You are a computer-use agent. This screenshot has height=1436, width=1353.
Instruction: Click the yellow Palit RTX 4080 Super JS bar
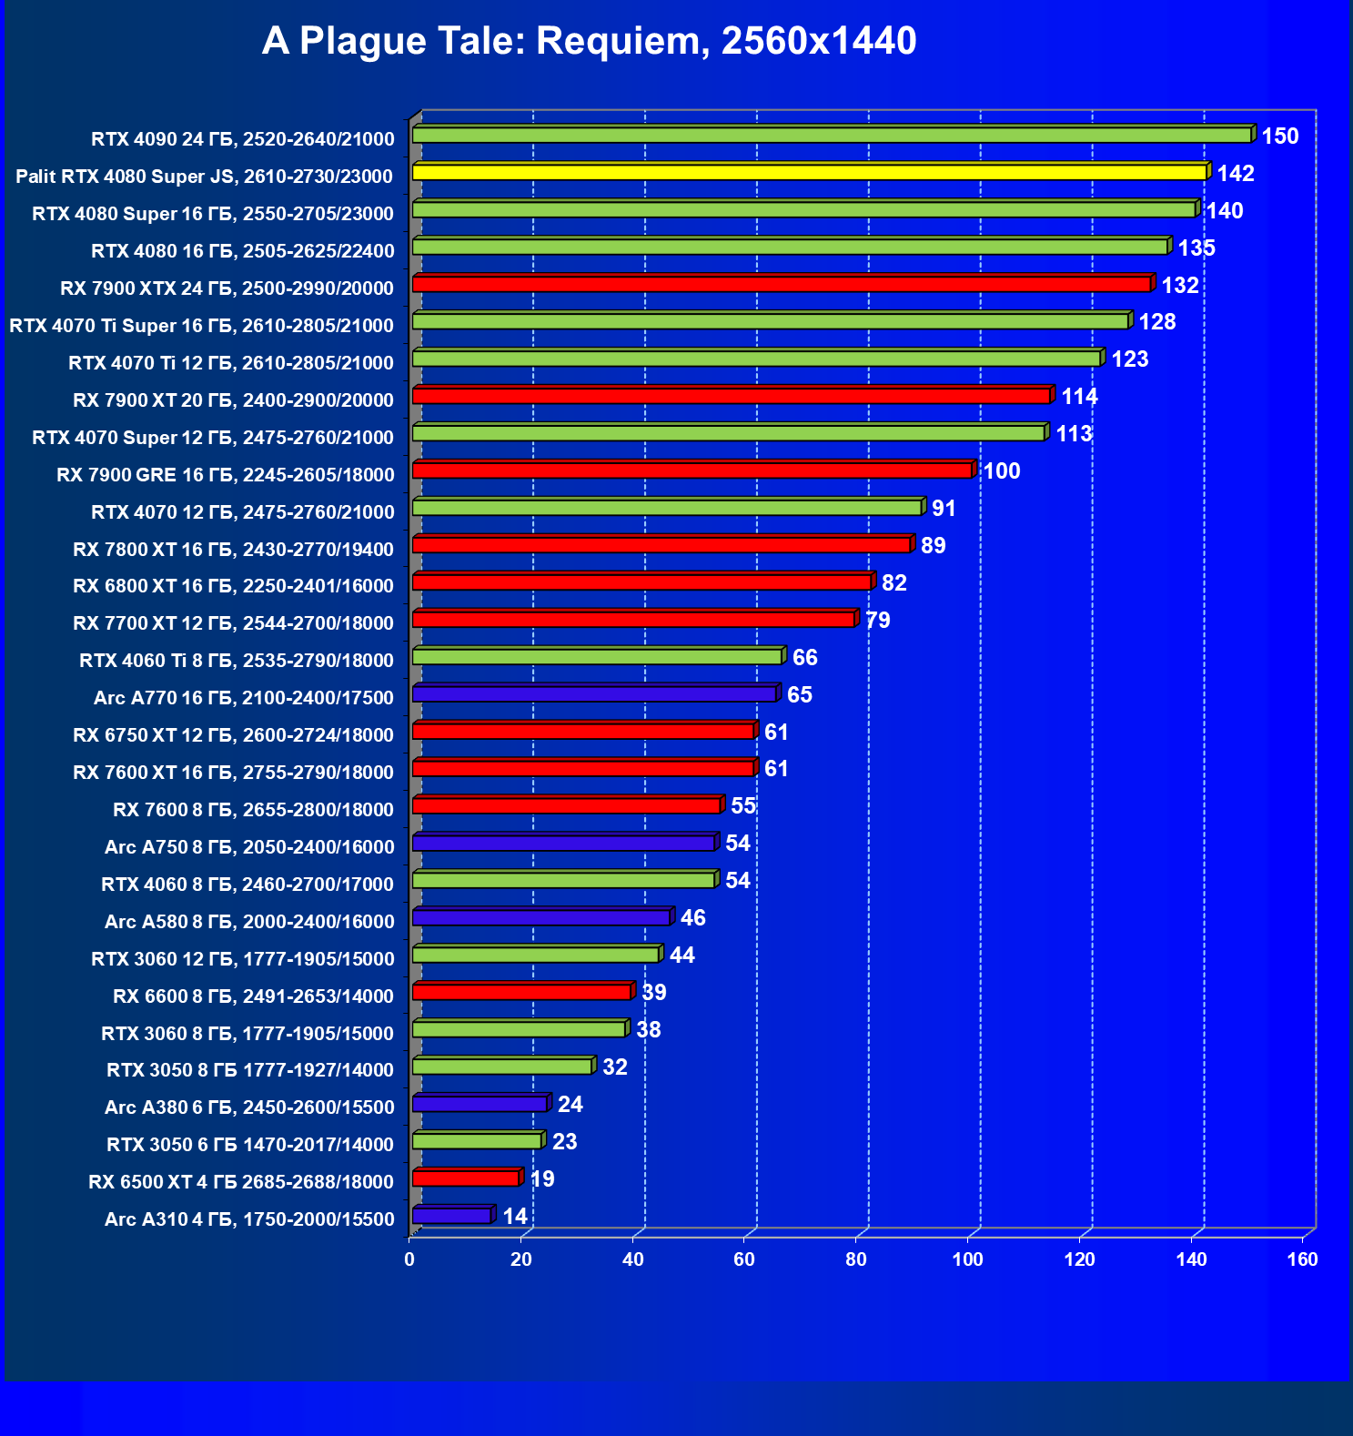coord(809,172)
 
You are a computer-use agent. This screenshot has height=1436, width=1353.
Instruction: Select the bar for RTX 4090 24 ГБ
coord(832,135)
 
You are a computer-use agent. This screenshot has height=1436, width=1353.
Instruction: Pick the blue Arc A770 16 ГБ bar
coord(594,694)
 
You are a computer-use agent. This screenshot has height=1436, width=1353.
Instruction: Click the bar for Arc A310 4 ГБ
coord(452,1216)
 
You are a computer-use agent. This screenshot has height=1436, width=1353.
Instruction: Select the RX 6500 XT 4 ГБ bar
coord(466,1178)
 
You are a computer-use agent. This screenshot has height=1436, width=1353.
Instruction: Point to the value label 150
coord(1279,137)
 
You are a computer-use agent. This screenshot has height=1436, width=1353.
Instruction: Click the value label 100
coord(1002,471)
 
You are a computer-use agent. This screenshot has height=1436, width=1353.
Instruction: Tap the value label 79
coord(878,621)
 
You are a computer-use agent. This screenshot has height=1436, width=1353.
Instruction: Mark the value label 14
coord(515,1217)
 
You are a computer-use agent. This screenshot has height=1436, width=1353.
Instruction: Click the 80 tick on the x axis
coord(856,1260)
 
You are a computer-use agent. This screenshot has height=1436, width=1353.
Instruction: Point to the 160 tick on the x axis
coord(1303,1260)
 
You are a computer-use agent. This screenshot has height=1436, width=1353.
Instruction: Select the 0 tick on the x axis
coord(409,1260)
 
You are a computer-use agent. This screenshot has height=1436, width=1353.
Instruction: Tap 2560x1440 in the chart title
coord(819,42)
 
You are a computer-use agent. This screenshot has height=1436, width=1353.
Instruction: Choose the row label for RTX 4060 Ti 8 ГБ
coord(237,661)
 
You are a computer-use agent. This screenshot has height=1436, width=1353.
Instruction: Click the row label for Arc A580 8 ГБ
coord(249,922)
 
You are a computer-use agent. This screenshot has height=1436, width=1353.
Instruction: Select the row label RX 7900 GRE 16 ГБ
coord(225,475)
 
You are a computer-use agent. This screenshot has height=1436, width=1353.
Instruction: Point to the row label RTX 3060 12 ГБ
coord(243,959)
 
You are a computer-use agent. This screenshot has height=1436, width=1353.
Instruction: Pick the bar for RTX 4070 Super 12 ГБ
coord(728,433)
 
